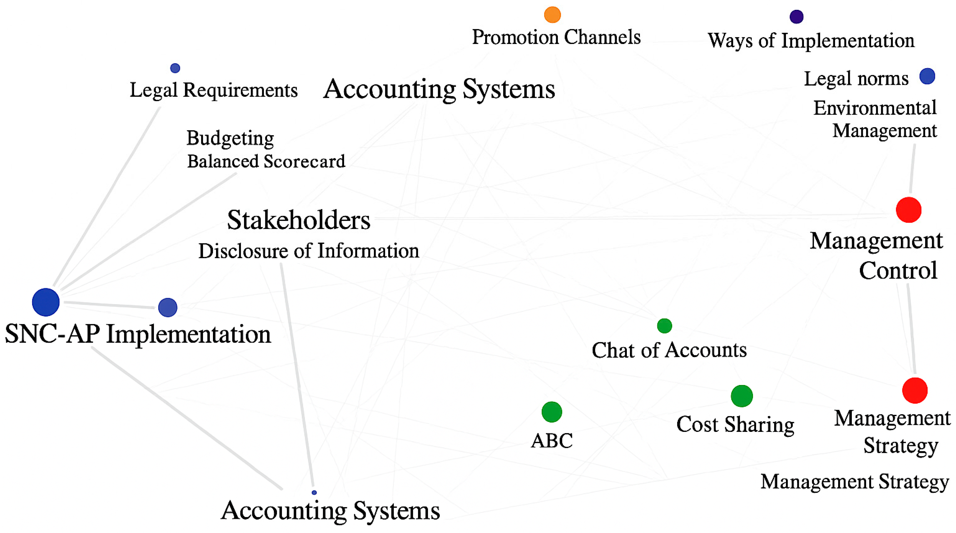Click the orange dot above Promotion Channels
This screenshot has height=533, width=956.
552,15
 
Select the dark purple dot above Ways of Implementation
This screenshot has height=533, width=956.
796,17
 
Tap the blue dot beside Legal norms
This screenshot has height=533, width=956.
927,76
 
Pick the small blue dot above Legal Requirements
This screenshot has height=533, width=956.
175,68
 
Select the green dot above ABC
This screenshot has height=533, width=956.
552,412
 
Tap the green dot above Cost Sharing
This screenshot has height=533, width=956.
742,396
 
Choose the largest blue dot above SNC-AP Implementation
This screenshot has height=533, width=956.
46,302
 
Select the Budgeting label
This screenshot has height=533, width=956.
230,138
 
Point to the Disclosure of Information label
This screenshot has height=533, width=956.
308,251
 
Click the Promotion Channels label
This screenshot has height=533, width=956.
556,37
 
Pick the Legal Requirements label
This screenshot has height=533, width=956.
213,90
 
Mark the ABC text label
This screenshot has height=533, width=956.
552,441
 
